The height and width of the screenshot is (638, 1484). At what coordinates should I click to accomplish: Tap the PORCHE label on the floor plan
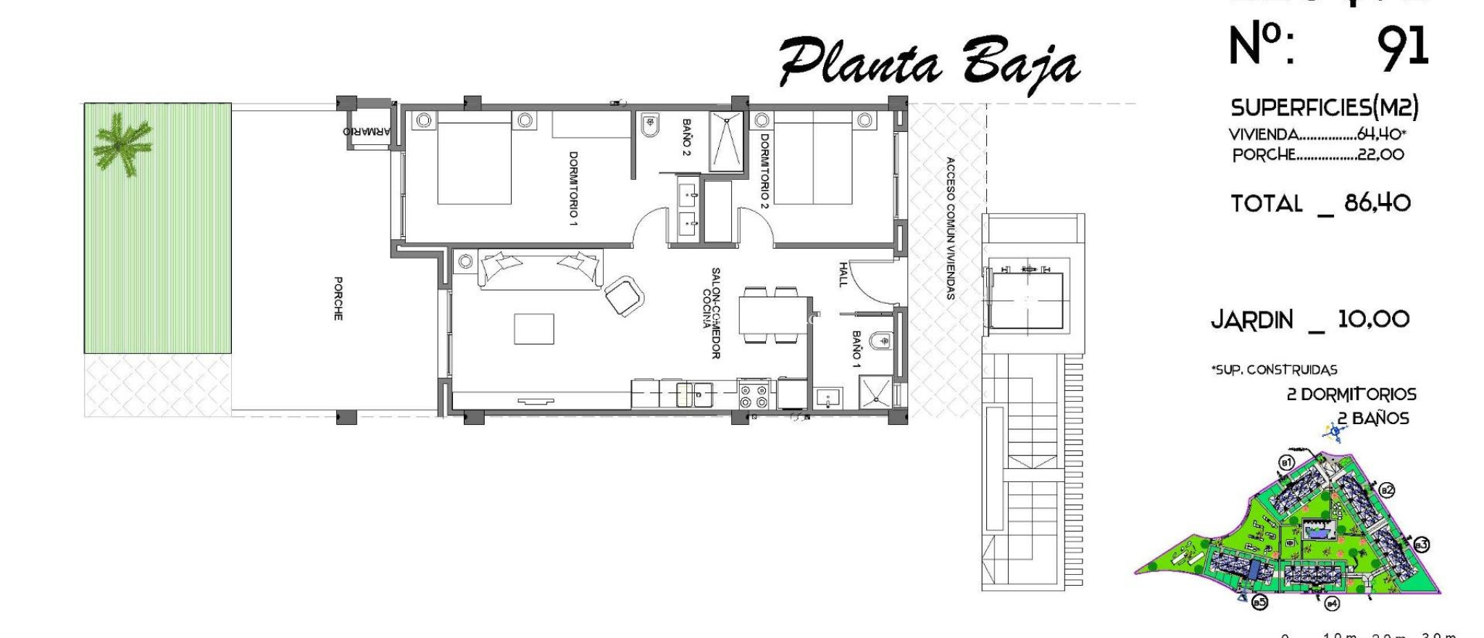point(338,298)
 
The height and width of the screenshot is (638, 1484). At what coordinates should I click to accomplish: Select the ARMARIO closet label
point(367,132)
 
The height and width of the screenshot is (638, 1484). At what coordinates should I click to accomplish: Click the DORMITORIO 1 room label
point(573,188)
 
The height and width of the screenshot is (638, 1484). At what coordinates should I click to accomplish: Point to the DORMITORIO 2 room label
point(764,171)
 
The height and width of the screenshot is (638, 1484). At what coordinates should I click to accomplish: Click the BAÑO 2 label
point(686,137)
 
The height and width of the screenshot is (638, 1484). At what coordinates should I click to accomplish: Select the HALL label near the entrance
point(843,274)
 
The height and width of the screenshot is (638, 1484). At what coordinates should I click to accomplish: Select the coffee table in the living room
point(534,328)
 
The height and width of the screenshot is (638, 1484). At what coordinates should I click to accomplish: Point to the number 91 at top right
point(1402,48)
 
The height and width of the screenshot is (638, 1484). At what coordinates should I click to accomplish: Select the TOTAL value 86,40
point(1377,203)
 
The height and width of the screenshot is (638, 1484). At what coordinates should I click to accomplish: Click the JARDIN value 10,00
point(1373,319)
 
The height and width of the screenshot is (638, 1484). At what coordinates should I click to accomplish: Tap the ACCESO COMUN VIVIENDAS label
point(950,228)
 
